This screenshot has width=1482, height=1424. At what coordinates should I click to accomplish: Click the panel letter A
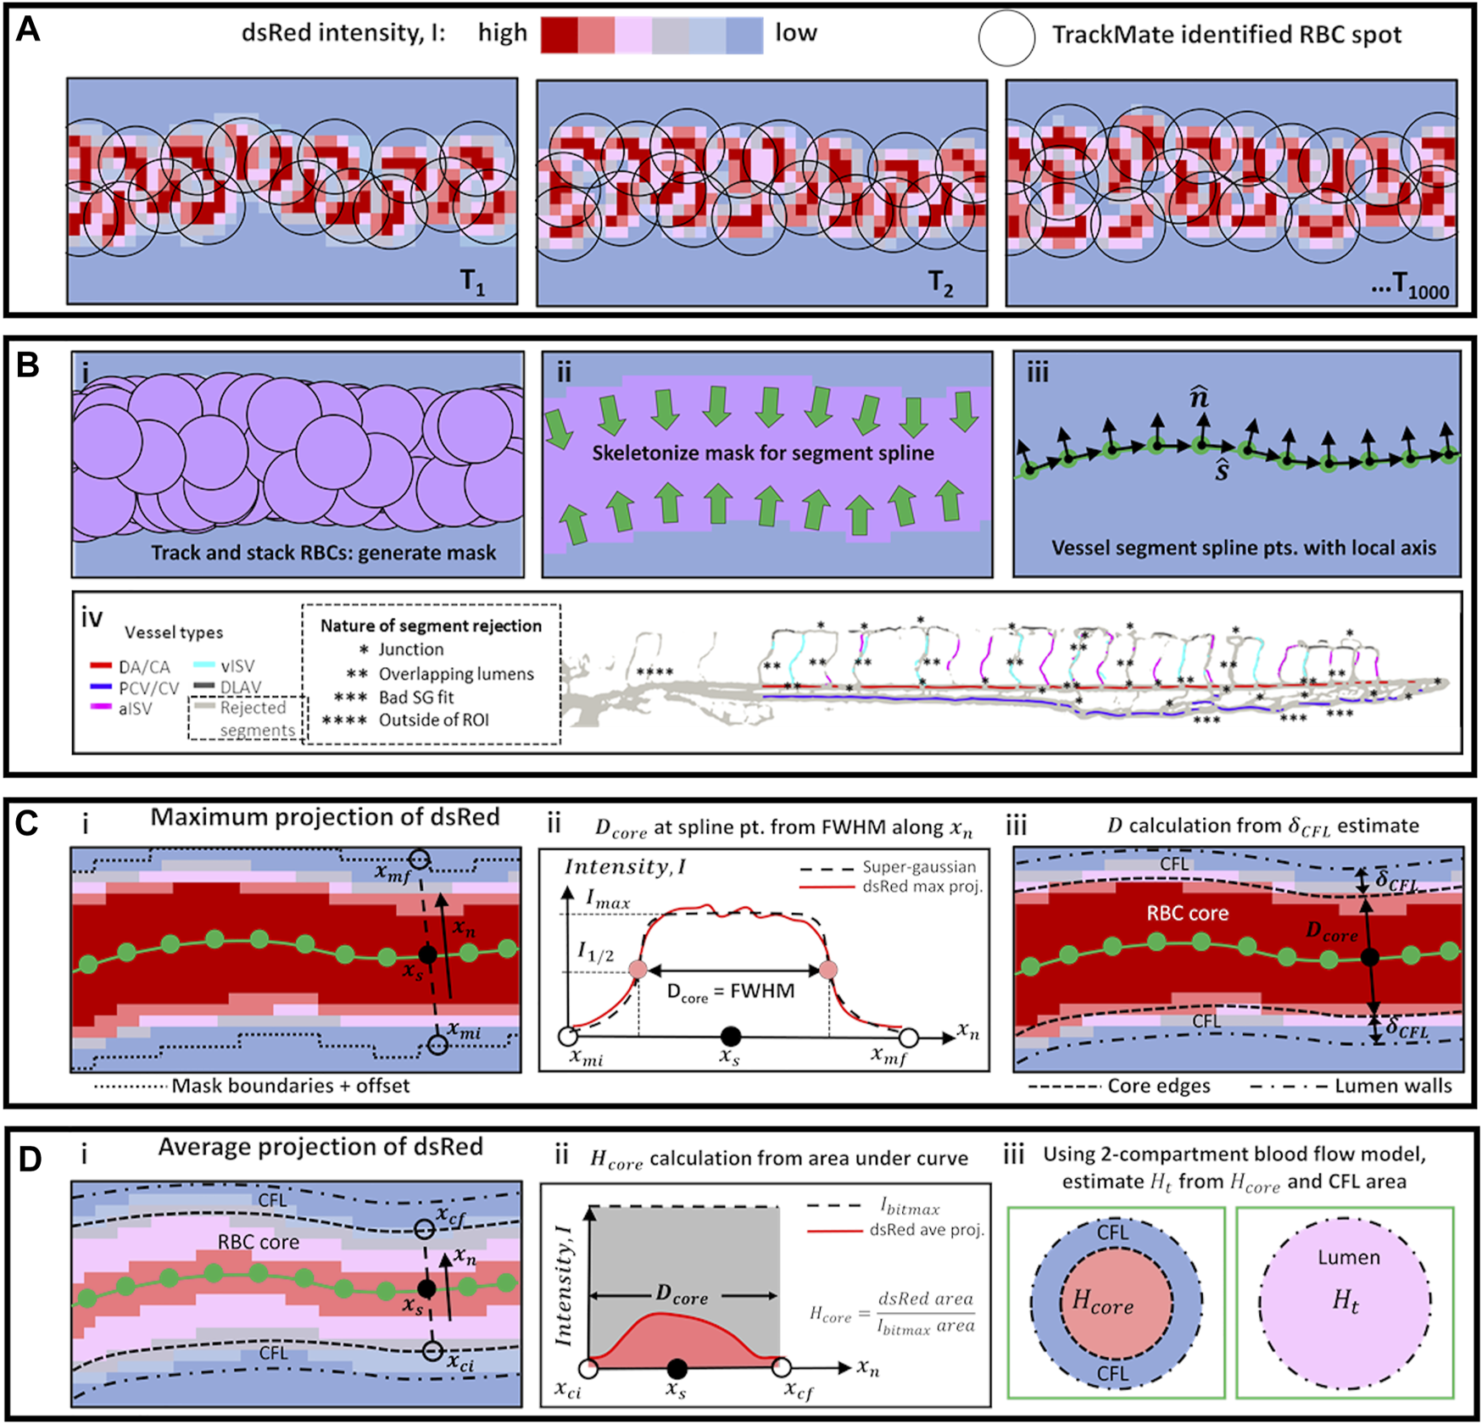pyautogui.click(x=28, y=31)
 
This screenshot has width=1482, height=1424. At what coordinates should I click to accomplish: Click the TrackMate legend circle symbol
pyautogui.click(x=1006, y=38)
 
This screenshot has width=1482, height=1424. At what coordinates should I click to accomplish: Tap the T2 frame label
pyautogui.click(x=941, y=283)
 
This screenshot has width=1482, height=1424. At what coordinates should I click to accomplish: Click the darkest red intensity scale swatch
pyautogui.click(x=560, y=36)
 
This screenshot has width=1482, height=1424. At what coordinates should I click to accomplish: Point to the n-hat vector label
pyautogui.click(x=1199, y=397)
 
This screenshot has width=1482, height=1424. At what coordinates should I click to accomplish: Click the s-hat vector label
pyautogui.click(x=1222, y=469)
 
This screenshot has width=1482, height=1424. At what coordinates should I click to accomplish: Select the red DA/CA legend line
pyautogui.click(x=101, y=667)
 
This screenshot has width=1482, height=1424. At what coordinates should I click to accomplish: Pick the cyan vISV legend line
pyautogui.click(x=204, y=666)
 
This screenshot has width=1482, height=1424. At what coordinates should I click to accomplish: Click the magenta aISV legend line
pyautogui.click(x=101, y=708)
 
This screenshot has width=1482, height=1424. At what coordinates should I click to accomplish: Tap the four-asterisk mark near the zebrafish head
pyautogui.click(x=655, y=673)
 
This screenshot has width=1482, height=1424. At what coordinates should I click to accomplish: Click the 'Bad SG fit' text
pyautogui.click(x=415, y=697)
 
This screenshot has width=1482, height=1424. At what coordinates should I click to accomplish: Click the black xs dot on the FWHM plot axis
pyautogui.click(x=730, y=1036)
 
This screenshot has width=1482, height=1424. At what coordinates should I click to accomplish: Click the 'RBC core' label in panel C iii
pyautogui.click(x=1187, y=914)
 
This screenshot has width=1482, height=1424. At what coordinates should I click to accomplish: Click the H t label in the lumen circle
pyautogui.click(x=1345, y=1299)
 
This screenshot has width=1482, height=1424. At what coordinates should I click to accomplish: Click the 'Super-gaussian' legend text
pyautogui.click(x=919, y=867)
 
